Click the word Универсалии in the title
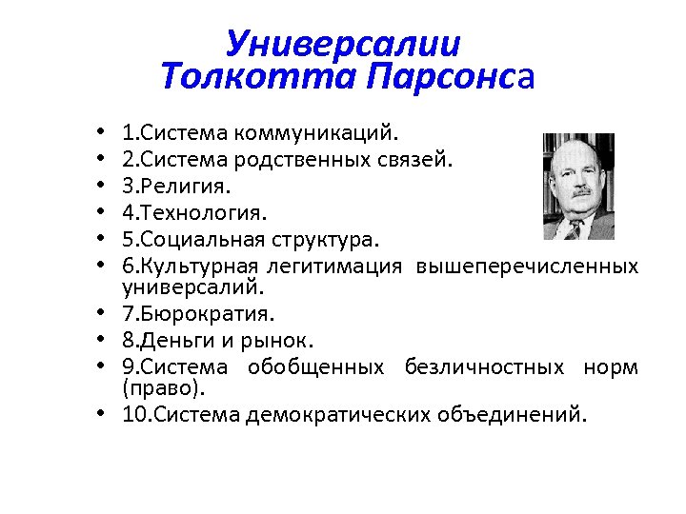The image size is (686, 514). point(343,44)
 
